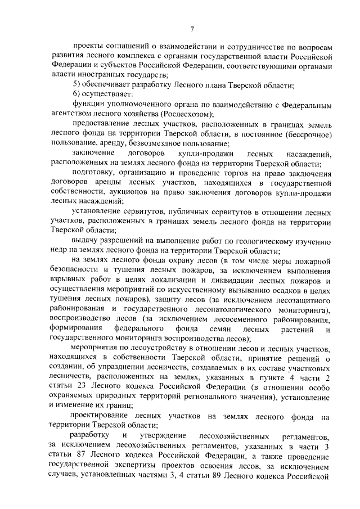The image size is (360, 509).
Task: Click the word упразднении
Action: click(121, 367)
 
